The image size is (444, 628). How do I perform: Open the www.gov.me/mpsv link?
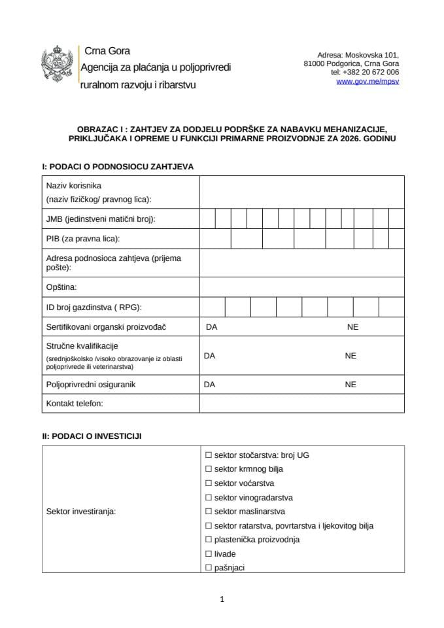(367, 82)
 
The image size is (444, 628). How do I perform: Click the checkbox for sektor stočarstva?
(209, 455)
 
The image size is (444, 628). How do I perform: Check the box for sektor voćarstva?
(209, 483)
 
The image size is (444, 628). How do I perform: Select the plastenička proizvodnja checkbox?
(209, 540)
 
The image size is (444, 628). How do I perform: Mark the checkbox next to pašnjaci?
(209, 568)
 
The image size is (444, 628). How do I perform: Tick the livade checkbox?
(209, 554)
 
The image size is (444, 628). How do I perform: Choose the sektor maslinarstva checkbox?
(209, 512)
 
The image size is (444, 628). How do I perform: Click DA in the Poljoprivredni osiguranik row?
(210, 385)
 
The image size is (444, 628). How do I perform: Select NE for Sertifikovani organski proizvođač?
(353, 327)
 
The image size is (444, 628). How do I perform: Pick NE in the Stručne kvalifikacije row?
(350, 356)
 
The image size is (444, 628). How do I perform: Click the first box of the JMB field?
(207, 219)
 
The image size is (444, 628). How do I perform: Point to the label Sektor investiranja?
(81, 512)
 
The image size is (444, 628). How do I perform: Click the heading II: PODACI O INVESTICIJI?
(92, 435)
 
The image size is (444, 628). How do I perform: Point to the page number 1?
(222, 599)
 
